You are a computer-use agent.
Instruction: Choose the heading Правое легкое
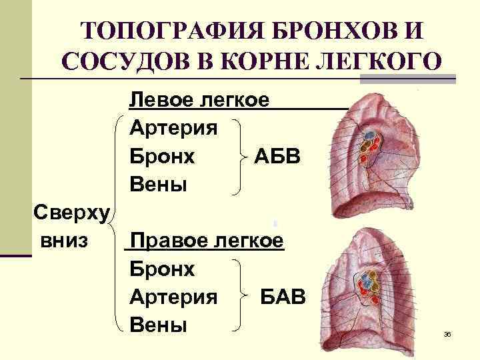(x=207, y=239)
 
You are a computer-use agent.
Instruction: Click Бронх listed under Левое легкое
(x=163, y=156)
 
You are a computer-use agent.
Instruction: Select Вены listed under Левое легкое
(x=158, y=185)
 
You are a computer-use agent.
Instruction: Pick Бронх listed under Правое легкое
(x=163, y=269)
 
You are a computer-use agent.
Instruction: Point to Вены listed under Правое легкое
(x=158, y=325)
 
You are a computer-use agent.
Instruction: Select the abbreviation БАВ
(x=283, y=297)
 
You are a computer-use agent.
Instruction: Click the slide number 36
(x=447, y=334)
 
